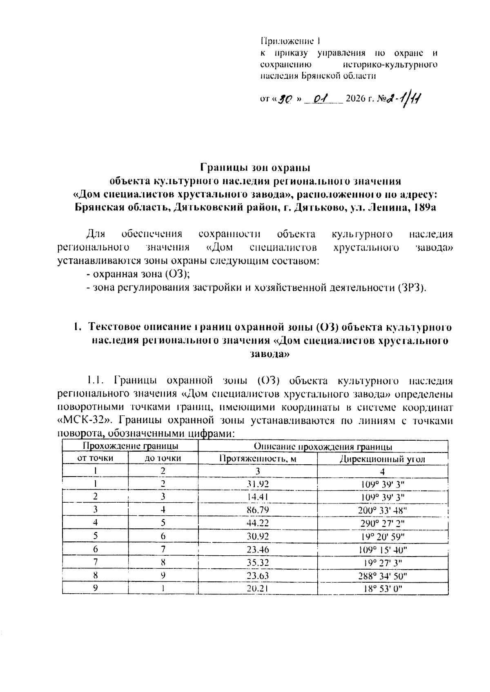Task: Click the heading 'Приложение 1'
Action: [291, 41]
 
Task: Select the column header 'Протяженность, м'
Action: [257, 459]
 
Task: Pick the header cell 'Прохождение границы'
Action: [130, 446]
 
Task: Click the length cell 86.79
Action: [258, 510]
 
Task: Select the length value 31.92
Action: [258, 484]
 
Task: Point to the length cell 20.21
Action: [258, 589]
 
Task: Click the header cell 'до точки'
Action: [163, 459]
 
